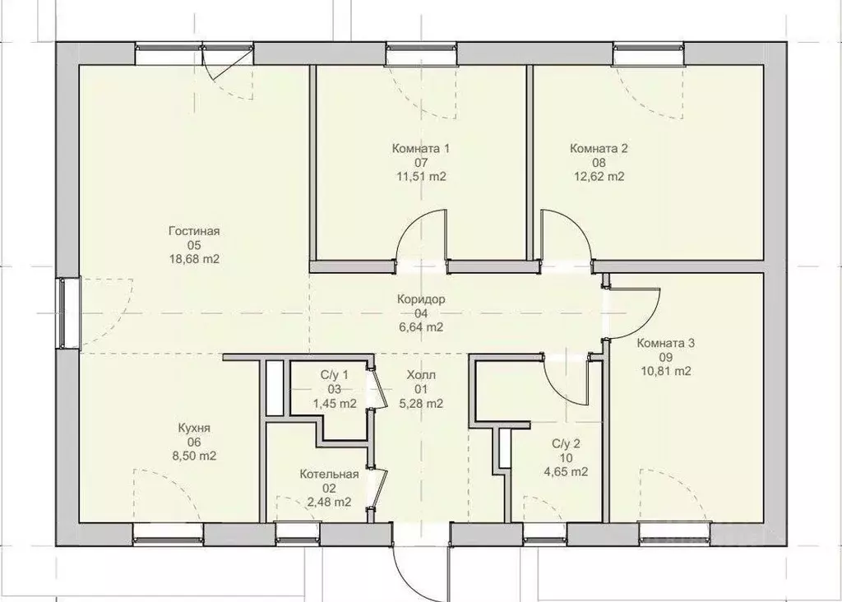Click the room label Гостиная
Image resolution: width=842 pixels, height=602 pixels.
194,231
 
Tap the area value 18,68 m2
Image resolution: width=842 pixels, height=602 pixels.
194,259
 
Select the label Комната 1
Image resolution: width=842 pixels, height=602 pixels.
420,148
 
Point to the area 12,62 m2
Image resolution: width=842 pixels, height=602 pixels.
599,176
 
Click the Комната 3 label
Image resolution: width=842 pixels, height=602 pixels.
665,343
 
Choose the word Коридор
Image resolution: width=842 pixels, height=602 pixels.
421,299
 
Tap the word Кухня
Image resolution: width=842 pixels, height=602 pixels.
194,428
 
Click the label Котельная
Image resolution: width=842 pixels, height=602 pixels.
329,475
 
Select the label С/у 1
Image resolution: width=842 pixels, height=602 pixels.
334,375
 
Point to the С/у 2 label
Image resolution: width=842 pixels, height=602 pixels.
566,443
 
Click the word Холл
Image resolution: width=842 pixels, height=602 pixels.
421,375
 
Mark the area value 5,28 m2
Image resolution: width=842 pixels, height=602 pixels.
421,403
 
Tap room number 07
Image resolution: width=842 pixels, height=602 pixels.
420,162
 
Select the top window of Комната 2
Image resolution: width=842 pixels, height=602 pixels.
650,53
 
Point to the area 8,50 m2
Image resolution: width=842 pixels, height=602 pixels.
194,456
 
